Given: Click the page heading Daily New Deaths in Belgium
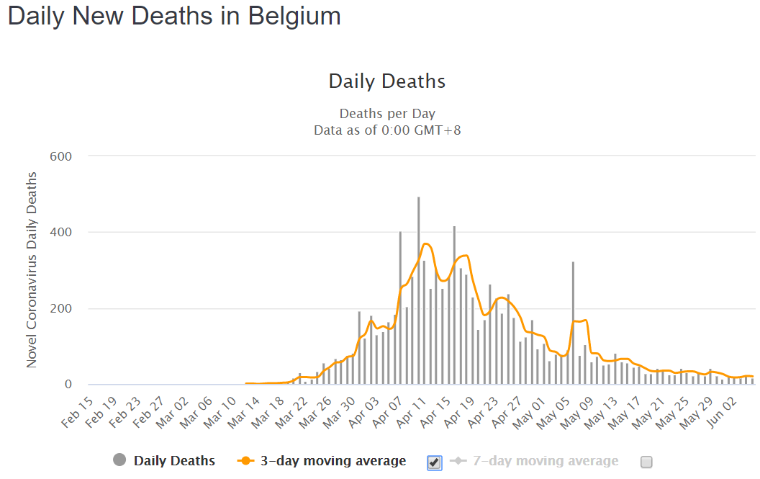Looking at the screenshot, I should click(174, 16).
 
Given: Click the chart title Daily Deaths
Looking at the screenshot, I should click(387, 81).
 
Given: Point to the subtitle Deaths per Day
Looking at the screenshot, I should click(387, 114).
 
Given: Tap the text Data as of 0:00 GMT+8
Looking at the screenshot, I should click(387, 130).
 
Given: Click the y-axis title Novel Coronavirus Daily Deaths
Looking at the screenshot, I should click(32, 270).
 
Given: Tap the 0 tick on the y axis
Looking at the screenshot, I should click(68, 385).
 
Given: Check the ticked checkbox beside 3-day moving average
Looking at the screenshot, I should click(434, 462).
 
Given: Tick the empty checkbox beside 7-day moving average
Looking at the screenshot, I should click(646, 462).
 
